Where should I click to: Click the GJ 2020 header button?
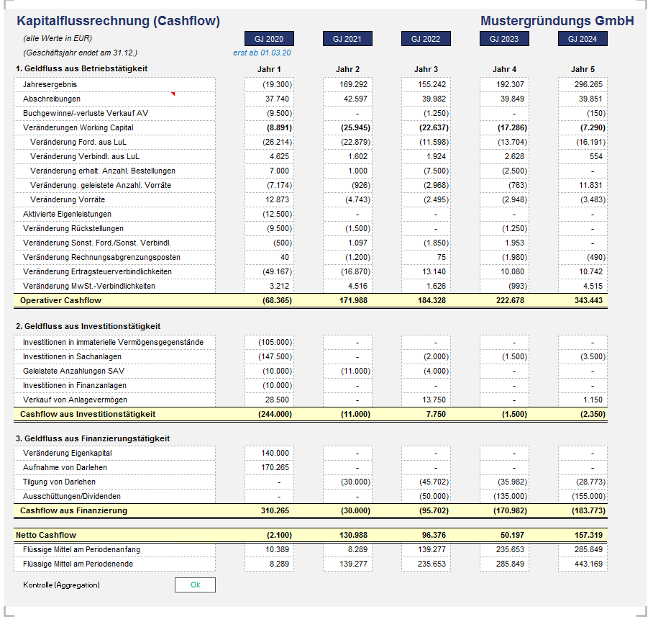point(269,39)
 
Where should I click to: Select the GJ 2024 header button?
point(583,39)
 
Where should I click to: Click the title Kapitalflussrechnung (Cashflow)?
point(118,21)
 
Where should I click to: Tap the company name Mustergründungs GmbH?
point(557,21)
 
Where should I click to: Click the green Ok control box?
point(195,585)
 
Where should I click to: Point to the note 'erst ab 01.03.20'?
point(262,53)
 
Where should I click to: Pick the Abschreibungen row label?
point(52,99)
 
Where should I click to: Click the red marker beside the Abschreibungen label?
point(173,94)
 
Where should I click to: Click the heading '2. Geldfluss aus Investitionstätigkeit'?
point(88,326)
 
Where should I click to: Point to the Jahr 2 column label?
point(347,69)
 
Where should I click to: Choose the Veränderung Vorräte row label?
point(68,199)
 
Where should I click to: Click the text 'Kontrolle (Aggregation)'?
point(61,585)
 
